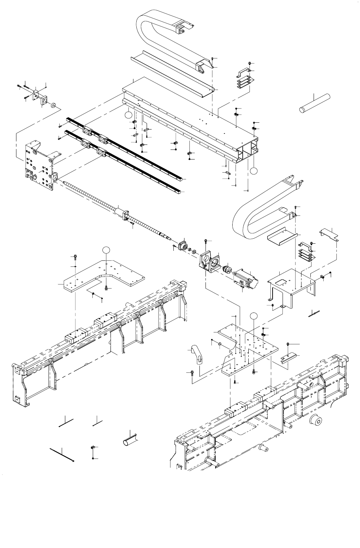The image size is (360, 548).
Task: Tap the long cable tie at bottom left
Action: [x=62, y=455]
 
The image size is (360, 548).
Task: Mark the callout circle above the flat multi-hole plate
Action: [x=253, y=316]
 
